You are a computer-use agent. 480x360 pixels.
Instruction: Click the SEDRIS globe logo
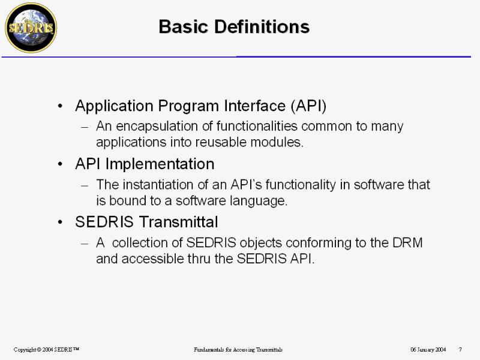(31, 28)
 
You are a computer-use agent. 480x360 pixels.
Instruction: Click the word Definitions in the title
(262, 26)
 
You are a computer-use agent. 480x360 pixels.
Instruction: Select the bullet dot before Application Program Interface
(61, 106)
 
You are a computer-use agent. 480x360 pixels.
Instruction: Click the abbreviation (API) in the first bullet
(308, 106)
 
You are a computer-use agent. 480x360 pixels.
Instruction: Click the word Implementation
(160, 164)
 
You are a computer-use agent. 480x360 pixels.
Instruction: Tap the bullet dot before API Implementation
(61, 164)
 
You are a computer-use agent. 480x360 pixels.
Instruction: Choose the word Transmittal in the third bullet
(178, 221)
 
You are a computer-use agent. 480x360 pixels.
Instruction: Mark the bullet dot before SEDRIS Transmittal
(61, 222)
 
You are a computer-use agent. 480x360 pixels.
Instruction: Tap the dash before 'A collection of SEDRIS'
(85, 244)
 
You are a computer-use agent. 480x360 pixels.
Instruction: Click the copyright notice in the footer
(46, 349)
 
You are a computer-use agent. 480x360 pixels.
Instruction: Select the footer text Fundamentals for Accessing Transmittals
(238, 350)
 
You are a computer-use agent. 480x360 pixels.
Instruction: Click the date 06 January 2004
(428, 349)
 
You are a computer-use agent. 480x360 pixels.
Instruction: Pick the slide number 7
(460, 349)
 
